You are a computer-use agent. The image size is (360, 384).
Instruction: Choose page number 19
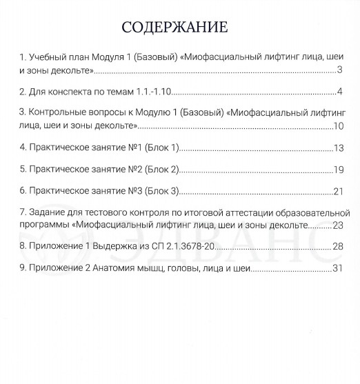click(x=337, y=169)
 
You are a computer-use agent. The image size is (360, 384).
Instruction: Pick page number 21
click(x=337, y=190)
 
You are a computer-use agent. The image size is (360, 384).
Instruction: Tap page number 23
click(x=337, y=225)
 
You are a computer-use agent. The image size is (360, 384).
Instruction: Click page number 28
click(x=337, y=246)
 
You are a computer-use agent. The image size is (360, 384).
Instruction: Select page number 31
click(x=337, y=268)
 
